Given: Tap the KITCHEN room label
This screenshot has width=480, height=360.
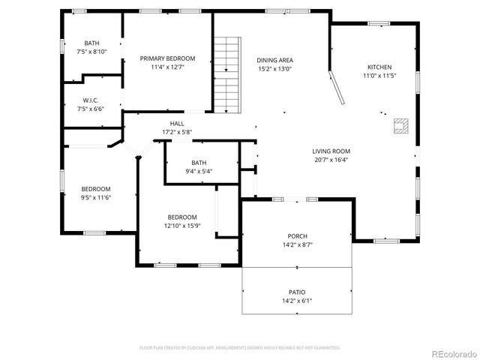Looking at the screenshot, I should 379,67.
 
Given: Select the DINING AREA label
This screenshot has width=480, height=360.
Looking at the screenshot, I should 274,60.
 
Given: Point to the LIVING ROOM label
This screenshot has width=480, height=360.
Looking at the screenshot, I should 331,151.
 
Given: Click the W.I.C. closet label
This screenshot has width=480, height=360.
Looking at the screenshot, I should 91,100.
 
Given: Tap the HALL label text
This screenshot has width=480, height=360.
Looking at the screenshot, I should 177,124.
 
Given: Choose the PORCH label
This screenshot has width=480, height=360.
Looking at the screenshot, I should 298,235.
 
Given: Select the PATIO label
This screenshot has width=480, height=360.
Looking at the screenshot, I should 298,292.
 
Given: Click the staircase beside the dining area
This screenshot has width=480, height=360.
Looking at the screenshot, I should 226,74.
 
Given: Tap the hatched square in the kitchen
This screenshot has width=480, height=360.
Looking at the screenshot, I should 402,126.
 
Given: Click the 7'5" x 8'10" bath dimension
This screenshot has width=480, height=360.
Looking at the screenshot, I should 91,52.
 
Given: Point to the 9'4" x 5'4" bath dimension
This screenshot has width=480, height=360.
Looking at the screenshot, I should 198,171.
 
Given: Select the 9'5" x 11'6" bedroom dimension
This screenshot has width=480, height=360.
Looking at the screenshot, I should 96,197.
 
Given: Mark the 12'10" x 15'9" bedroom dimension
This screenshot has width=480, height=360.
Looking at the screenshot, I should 182,225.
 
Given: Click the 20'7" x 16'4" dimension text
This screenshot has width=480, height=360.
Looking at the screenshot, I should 331,159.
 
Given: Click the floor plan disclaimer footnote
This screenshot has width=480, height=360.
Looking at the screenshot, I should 240,347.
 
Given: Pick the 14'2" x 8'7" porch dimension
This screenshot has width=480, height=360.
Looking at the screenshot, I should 298,244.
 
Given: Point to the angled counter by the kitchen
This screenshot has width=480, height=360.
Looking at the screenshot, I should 338,88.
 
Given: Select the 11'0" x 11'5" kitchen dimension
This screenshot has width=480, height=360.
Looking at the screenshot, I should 379,76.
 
